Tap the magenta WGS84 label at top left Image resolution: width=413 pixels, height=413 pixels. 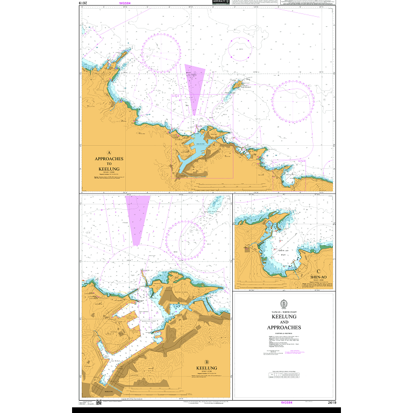coord(125,3)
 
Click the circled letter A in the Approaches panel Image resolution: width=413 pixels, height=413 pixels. coord(109,152)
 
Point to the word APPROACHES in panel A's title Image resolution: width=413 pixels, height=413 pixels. coord(109,159)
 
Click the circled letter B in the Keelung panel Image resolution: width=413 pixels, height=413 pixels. coord(206,362)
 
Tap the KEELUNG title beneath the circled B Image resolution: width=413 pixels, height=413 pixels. coord(206,368)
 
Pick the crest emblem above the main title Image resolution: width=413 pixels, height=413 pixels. coord(283,303)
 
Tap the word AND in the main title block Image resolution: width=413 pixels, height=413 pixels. coord(283,322)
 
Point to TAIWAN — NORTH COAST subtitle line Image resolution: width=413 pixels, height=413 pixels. coord(283,312)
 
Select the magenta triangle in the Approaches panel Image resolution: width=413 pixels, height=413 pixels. coord(194,86)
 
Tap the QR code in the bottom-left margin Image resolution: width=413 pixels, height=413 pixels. coord(84,402)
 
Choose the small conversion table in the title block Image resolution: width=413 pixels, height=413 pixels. coord(283,376)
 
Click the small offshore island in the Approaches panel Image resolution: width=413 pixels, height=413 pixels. coord(238,84)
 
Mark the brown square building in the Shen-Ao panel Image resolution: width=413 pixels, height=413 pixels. coord(247,248)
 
